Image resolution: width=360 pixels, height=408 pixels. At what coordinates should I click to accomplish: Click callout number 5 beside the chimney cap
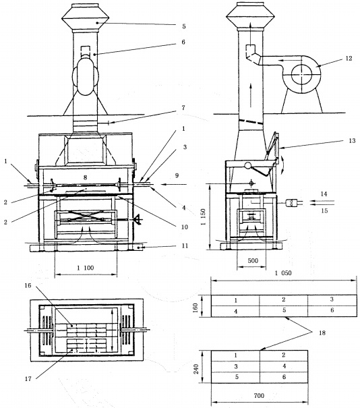point(184,26)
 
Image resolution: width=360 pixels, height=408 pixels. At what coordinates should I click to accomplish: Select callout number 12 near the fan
point(349,58)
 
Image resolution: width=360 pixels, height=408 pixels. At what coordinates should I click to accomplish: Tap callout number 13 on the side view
point(352,141)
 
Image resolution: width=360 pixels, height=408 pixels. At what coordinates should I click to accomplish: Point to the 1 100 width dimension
point(86,268)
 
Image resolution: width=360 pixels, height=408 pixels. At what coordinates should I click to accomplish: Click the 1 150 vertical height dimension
point(204,216)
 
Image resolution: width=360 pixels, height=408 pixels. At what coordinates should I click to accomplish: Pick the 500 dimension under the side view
point(253,260)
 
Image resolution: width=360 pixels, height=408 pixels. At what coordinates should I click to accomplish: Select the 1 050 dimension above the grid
point(283,273)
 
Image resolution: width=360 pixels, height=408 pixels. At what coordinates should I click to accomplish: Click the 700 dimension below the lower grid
point(259,396)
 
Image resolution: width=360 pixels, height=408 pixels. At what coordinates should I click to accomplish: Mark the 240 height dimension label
point(196,369)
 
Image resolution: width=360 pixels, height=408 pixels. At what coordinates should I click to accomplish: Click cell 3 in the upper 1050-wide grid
point(332,299)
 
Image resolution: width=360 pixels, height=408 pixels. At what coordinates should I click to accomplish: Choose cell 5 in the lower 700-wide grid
point(237,377)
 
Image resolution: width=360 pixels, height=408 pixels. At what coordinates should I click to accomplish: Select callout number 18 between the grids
point(322,332)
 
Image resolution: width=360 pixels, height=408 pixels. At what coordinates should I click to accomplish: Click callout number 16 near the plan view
point(28,286)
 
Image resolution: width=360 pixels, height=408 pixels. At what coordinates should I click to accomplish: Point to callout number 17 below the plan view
point(28,379)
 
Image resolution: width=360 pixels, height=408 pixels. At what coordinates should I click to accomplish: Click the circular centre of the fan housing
point(301,75)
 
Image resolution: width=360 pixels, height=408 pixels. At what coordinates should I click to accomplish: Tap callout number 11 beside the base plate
point(185,245)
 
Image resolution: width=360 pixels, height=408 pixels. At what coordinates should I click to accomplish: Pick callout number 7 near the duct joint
point(183,107)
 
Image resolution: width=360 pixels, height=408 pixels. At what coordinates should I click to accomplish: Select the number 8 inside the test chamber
point(85,177)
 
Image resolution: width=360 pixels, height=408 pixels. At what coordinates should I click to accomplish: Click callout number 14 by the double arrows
point(324,194)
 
